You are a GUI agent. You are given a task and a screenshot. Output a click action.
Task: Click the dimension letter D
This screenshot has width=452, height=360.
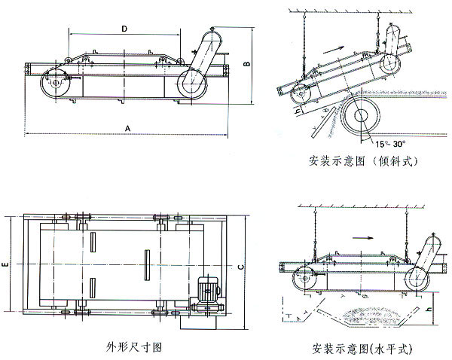click(x=124, y=27)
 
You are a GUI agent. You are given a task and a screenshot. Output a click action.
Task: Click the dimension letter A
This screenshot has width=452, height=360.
click(x=128, y=128)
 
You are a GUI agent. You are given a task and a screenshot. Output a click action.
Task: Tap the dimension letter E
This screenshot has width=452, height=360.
click(x=6, y=265)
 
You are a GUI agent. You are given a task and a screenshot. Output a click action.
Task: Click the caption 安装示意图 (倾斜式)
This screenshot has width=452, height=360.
click(x=362, y=161)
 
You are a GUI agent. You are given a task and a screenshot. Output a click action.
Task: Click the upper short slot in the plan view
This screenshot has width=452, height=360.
click(x=91, y=243)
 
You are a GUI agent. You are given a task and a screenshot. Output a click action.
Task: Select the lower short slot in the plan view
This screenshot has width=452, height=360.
click(x=91, y=288)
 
